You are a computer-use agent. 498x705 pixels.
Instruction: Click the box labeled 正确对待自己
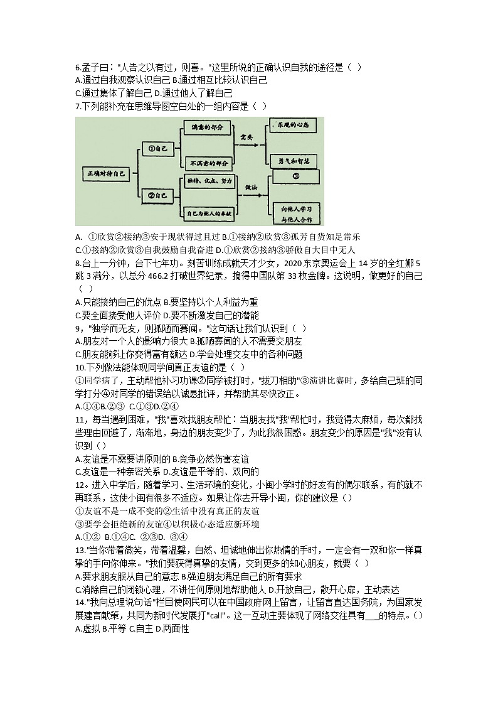tap(106, 172)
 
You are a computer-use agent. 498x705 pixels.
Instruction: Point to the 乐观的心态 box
tap(295, 126)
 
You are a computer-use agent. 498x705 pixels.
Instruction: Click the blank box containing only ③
tap(295, 178)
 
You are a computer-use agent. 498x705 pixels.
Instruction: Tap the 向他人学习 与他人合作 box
tap(295, 212)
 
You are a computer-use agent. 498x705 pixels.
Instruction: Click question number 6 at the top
tap(78, 68)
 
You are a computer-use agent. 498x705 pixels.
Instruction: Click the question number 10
tap(80, 367)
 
